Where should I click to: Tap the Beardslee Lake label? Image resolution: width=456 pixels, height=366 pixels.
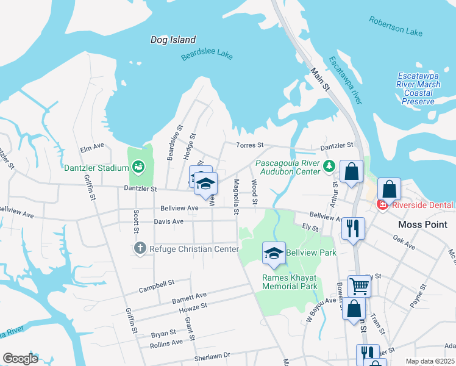tap(207, 57)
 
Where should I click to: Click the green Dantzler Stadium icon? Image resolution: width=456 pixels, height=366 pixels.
tap(138, 166)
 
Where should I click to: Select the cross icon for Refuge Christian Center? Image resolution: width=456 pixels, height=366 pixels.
tap(140, 248)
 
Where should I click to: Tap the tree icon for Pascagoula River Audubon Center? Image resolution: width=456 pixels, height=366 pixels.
tap(329, 166)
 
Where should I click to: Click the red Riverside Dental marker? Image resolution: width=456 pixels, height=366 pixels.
tap(382, 204)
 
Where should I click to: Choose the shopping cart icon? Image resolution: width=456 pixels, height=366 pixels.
tap(359, 284)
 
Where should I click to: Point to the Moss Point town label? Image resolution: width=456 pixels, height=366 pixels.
tap(422, 224)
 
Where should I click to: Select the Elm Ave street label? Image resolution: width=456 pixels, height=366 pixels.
tap(92, 148)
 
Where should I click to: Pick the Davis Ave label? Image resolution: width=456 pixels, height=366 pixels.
tap(169, 221)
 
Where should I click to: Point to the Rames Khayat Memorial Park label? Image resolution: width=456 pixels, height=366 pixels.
tap(290, 281)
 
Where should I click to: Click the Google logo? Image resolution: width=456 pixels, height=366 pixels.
tap(20, 359)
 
